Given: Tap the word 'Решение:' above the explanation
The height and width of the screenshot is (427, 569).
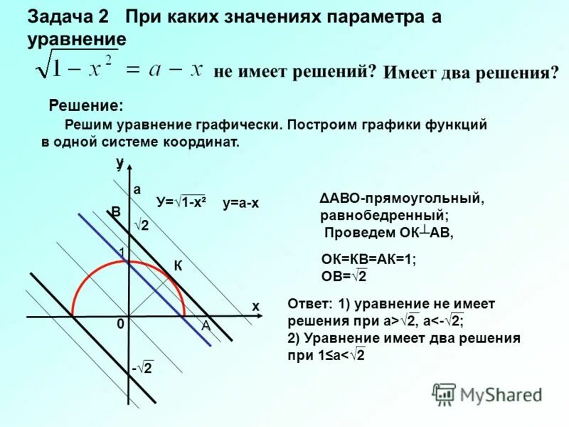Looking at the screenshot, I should (85, 106).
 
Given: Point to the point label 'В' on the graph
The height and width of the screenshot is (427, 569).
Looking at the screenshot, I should (115, 212).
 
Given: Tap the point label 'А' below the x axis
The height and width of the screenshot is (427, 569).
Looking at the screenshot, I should (205, 325).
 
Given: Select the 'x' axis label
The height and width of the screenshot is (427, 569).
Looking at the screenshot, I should (255, 306).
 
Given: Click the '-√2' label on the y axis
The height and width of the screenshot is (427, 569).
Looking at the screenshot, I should (142, 368).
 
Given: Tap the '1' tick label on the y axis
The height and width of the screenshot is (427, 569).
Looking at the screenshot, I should (122, 253).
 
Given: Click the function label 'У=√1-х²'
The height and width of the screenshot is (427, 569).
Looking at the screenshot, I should (181, 203).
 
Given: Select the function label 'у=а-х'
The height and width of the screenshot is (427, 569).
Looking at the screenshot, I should (240, 204).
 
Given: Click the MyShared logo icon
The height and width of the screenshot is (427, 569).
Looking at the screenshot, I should (444, 394).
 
